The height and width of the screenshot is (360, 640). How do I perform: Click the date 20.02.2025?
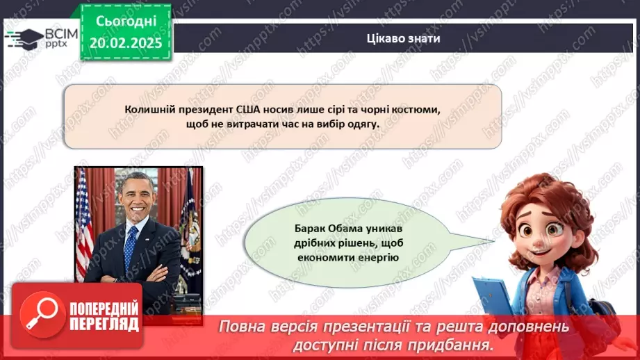[x=125, y=43]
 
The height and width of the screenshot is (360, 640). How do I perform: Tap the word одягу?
[x=359, y=124]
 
